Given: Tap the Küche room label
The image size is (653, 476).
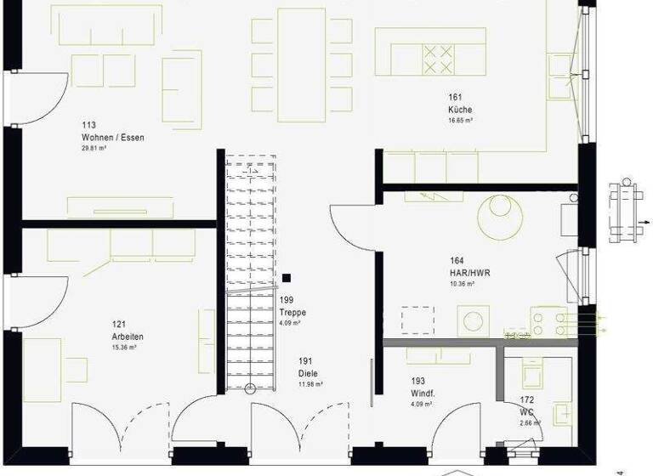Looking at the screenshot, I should point(460,110).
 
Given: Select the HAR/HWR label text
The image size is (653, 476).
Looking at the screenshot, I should point(469,273).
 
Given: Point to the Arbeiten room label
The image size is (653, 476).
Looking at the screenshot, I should point(125,336).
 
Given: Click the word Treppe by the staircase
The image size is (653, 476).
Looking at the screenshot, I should point(292,313).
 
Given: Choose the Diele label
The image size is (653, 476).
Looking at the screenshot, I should point(307,373).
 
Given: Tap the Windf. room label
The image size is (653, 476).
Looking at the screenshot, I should point(423,394).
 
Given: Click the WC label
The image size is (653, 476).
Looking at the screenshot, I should point(527,411).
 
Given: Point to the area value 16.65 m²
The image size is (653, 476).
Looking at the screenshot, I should point(460,121).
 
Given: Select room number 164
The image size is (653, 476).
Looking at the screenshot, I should point(457,261).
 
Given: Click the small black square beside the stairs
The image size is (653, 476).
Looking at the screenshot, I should point(287,277).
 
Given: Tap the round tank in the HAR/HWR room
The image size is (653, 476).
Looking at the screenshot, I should point(499,217).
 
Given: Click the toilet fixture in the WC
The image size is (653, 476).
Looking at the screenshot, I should point(562,413).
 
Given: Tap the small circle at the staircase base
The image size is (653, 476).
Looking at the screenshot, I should point(250,388).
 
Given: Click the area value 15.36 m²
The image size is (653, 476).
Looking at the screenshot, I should point(124,347).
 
